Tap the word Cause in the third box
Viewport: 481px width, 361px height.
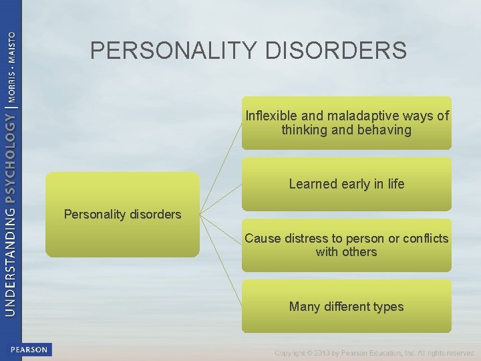click(x=263, y=239)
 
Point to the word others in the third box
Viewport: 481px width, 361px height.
click(x=361, y=252)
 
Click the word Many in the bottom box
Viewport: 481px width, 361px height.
click(x=305, y=307)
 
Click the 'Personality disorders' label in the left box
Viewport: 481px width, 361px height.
click(x=122, y=215)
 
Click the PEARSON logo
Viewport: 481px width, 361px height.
click(x=29, y=350)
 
